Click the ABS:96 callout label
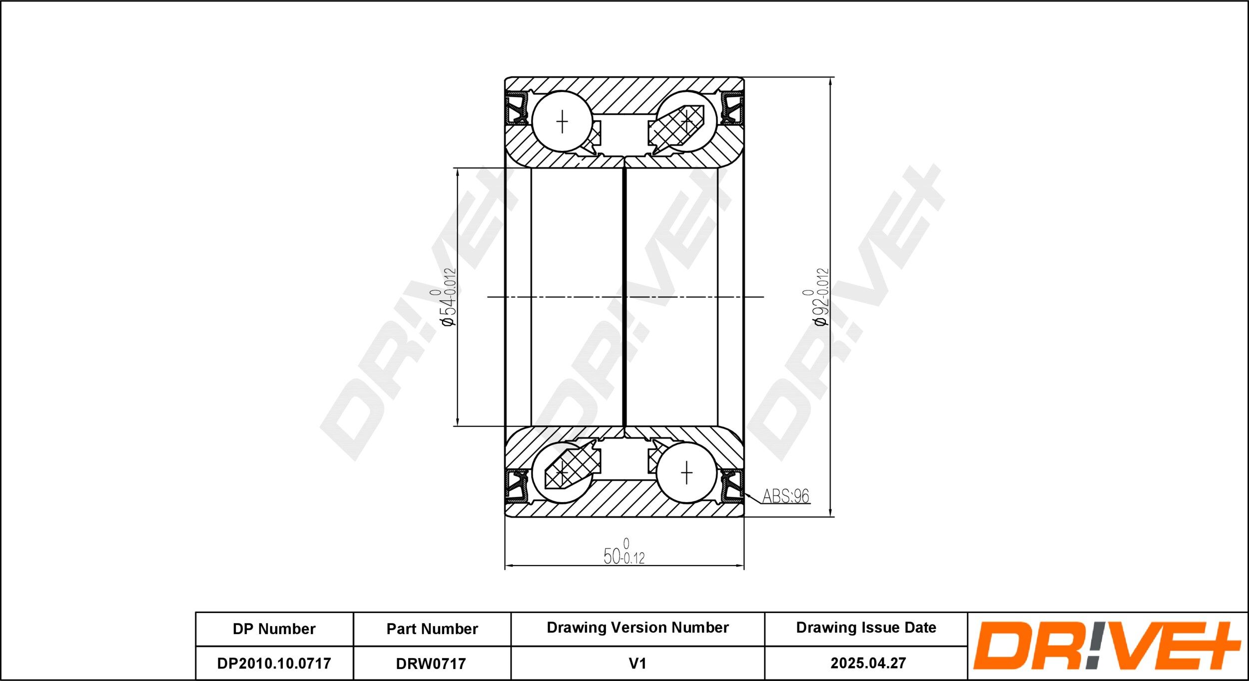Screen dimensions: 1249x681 pos(785,496)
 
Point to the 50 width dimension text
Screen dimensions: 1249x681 pos(624,552)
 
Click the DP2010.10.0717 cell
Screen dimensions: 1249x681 pos(274,664)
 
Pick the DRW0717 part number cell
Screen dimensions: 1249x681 pos(431,664)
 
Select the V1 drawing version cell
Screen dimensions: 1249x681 pos(637,664)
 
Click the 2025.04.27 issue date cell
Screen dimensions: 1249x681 pos(868,663)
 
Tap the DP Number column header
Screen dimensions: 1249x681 pos(274,629)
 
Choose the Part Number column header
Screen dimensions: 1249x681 pos(432,629)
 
